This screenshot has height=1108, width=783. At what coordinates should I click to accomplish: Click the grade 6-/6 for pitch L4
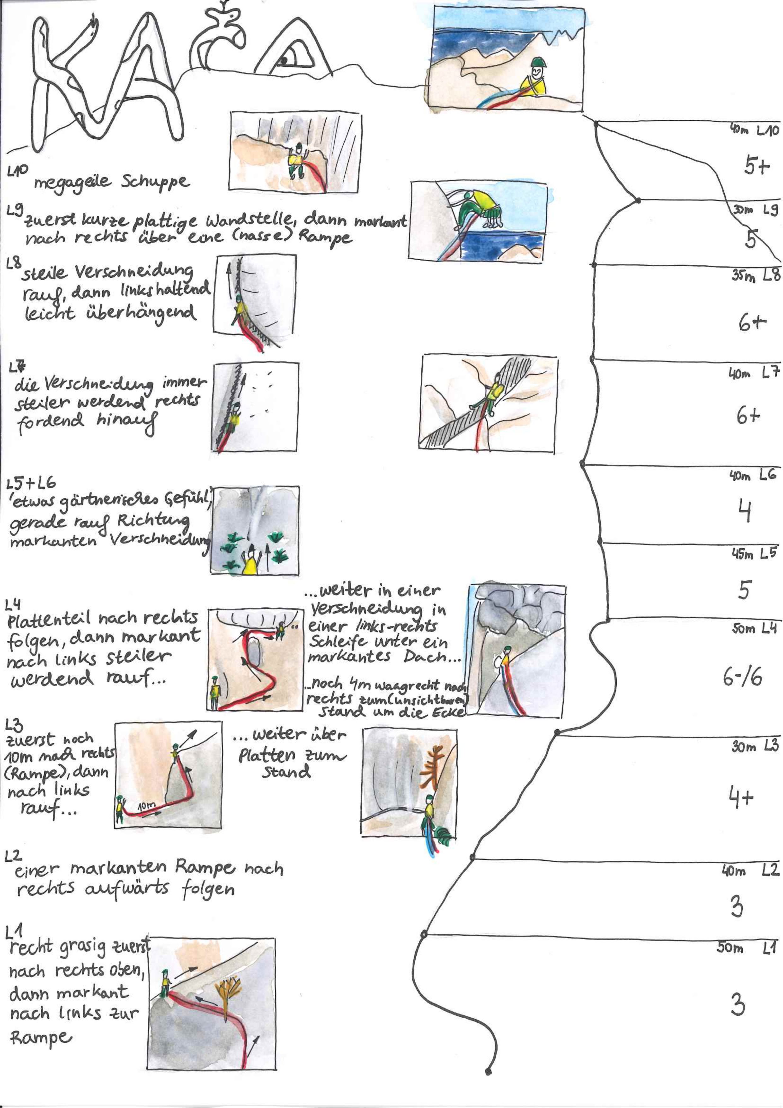coord(742,678)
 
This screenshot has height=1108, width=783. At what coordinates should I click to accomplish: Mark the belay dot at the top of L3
coord(557,732)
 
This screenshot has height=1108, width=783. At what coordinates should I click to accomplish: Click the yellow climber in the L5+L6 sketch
coord(251,561)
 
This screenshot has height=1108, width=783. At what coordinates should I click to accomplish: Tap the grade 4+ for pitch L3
coord(741,798)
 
